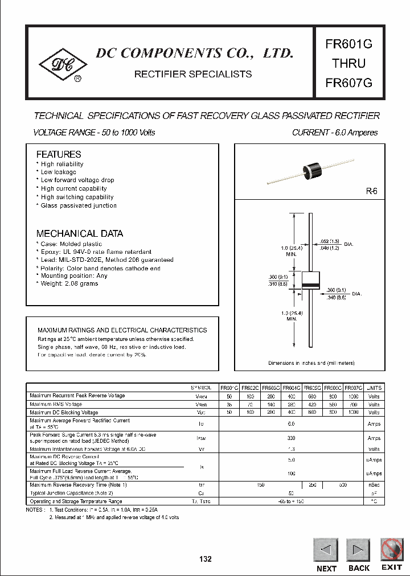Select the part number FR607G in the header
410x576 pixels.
tap(348, 82)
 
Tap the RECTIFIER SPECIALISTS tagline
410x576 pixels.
tap(192, 74)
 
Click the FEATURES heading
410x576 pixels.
tap(59, 154)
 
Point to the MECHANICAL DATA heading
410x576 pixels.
tap(79, 233)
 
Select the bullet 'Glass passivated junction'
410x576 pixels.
tap(79, 205)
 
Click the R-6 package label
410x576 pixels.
tap(371, 192)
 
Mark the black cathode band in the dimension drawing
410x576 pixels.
tap(310, 285)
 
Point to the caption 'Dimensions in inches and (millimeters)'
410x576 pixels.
tap(311, 363)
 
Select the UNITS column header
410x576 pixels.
tap(374, 388)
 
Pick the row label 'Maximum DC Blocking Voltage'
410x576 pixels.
tap(64, 412)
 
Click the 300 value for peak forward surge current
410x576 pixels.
tap(291, 438)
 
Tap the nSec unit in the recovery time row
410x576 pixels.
tap(374, 485)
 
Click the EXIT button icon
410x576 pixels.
tap(391, 550)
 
